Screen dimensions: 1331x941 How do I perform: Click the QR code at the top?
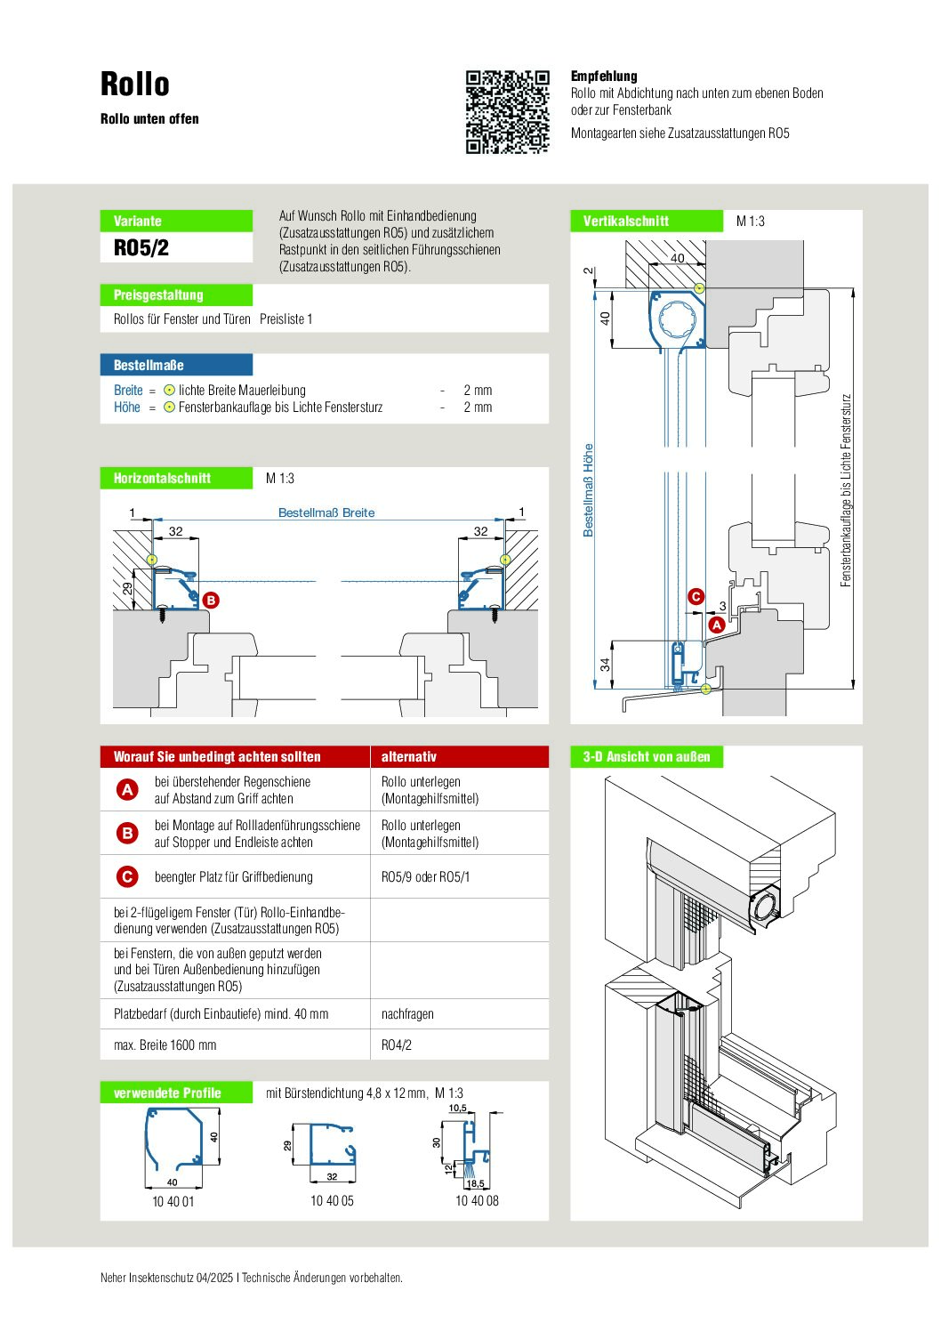point(508,112)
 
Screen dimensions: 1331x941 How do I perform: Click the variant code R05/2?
point(141,248)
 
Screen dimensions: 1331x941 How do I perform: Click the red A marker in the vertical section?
point(716,625)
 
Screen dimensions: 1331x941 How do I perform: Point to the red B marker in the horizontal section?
point(211,601)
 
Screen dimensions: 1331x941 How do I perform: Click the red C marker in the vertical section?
point(696,597)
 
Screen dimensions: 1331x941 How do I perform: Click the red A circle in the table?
point(127,789)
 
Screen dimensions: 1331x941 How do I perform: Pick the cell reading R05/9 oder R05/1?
point(425,877)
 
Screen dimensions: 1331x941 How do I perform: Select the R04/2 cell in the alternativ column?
point(397,1045)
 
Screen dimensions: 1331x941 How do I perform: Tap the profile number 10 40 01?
point(173,1202)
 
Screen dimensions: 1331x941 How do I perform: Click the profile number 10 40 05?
point(332,1201)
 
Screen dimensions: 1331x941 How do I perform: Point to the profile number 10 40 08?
point(477,1201)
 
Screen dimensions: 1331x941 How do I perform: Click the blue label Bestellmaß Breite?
point(326,512)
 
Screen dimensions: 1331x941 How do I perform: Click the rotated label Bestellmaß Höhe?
point(588,489)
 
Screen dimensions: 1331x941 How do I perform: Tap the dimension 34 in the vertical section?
point(606,665)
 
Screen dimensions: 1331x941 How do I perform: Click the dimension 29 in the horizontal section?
point(128,589)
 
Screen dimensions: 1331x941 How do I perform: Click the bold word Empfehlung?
point(604,77)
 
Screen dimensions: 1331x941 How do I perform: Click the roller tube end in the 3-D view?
point(766,907)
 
